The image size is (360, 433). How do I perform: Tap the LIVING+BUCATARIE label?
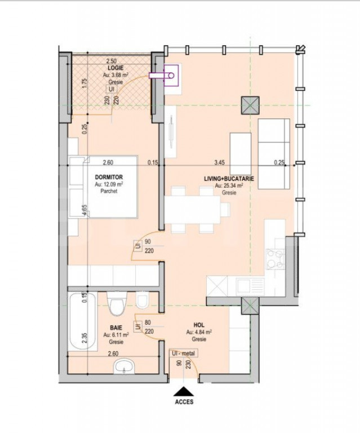tap(229, 178)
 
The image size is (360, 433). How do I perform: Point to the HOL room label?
tap(198, 325)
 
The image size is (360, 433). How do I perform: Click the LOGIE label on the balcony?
tap(116, 68)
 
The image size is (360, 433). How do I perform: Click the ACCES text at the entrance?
tap(184, 402)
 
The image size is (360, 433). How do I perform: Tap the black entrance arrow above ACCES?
tap(184, 391)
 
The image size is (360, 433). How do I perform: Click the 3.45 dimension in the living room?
tap(220, 162)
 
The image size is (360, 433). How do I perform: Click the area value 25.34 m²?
tap(229, 185)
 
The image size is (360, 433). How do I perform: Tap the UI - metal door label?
tap(184, 354)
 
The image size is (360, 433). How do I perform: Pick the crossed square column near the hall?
tap(248, 307)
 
